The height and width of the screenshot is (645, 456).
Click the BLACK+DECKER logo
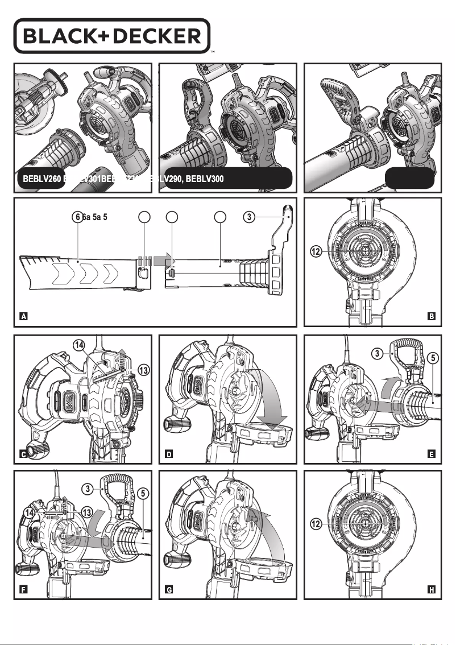point(112,36)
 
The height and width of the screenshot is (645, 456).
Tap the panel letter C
point(24,454)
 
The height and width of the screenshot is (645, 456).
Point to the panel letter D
point(169,454)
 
